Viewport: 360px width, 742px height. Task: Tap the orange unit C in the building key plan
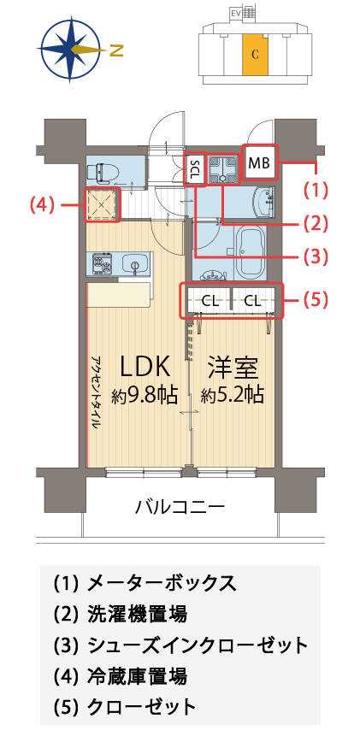click(x=255, y=55)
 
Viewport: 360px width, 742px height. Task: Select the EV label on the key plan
click(x=234, y=13)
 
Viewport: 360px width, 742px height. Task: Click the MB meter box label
click(x=259, y=163)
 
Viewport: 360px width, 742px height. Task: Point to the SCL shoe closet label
click(x=194, y=169)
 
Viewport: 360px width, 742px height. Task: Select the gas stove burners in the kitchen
click(x=102, y=262)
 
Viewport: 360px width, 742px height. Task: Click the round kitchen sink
click(x=134, y=262)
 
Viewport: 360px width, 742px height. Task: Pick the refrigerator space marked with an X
click(x=102, y=204)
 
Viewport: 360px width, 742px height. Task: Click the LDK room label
click(x=145, y=367)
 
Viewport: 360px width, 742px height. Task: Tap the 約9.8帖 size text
click(x=145, y=394)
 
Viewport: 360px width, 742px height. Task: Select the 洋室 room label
click(x=232, y=367)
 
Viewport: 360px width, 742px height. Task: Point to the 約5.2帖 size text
click(x=232, y=394)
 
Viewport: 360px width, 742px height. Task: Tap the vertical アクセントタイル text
click(x=95, y=392)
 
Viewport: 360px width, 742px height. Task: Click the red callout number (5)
click(x=316, y=301)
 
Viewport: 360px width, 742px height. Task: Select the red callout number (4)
click(x=42, y=204)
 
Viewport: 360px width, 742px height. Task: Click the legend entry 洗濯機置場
click(x=137, y=615)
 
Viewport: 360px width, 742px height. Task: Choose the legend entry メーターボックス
click(x=162, y=583)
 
